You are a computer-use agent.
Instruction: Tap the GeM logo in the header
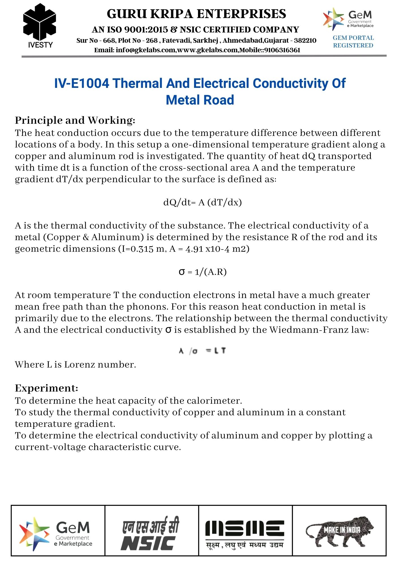(x=349, y=19)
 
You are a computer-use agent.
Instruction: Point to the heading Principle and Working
(x=75, y=120)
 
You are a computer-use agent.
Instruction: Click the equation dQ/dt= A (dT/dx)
(x=203, y=203)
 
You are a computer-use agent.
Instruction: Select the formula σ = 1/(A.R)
(x=203, y=272)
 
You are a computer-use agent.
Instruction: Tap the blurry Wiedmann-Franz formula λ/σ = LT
(x=202, y=351)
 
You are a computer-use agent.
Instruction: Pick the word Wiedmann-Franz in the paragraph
(x=309, y=330)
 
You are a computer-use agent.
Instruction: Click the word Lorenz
(x=79, y=365)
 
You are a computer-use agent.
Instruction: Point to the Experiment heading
(x=46, y=388)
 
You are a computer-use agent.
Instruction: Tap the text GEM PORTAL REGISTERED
(x=353, y=42)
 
